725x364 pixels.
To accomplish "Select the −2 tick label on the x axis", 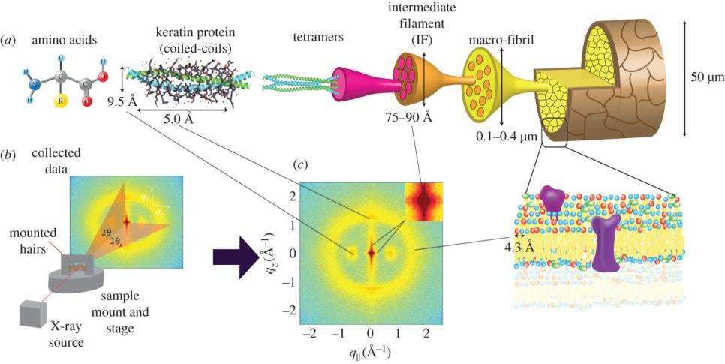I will click(305, 333).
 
